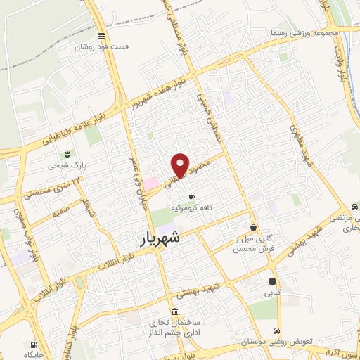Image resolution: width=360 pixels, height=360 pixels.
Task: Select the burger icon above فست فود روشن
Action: click(x=103, y=37)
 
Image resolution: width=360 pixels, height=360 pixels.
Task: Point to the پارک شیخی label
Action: click(x=66, y=167)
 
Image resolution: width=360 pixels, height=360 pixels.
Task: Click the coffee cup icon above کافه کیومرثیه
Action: click(x=192, y=198)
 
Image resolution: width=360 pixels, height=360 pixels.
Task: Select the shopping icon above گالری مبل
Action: click(x=252, y=227)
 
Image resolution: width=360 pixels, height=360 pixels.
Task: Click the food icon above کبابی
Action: click(x=272, y=279)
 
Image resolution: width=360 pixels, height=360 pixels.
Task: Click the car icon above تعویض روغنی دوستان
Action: click(x=278, y=330)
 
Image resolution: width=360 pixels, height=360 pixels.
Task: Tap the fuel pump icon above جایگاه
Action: click(x=34, y=345)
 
